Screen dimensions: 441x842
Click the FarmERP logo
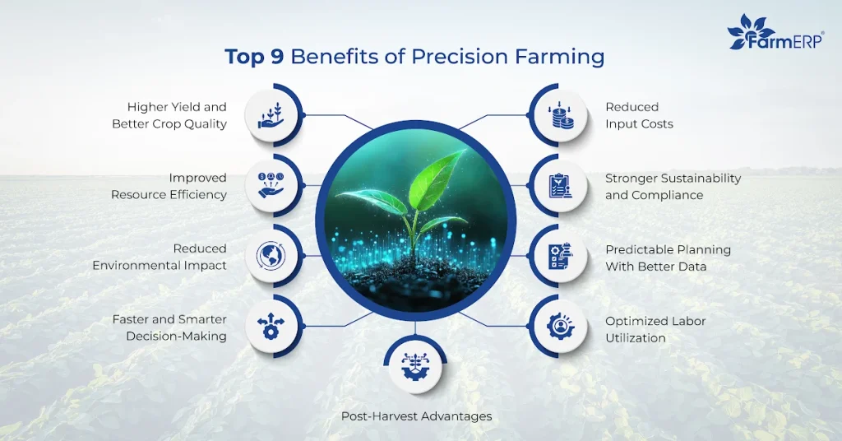pyautogui.click(x=775, y=34)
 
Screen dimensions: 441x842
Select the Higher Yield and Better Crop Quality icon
pyautogui.click(x=272, y=115)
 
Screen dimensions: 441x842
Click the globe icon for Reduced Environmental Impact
pyautogui.click(x=272, y=254)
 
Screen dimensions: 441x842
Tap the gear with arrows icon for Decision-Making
pyautogui.click(x=272, y=326)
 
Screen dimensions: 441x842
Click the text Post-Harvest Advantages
pyautogui.click(x=416, y=416)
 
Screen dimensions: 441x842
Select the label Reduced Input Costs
pyautogui.click(x=639, y=115)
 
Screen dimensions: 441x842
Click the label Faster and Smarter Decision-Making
pyautogui.click(x=169, y=327)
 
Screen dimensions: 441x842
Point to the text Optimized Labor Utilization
pyautogui.click(x=655, y=329)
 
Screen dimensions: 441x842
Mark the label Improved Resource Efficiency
pyautogui.click(x=169, y=186)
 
